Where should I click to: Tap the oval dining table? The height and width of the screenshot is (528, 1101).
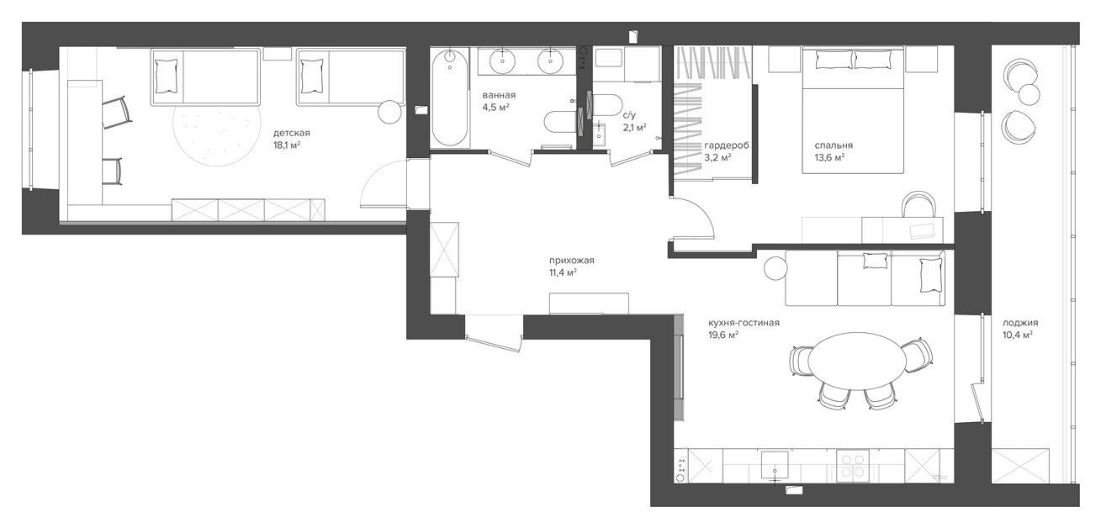tap(857, 361)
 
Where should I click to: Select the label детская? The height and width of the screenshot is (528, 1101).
tap(292, 133)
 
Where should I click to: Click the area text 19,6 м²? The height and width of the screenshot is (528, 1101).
tap(723, 335)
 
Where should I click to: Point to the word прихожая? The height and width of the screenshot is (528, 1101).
tap(572, 261)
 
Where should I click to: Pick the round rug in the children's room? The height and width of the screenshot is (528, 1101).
tap(217, 129)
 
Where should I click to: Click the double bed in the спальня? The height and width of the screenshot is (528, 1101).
tap(853, 110)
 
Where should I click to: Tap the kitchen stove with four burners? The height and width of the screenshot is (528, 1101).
tap(853, 466)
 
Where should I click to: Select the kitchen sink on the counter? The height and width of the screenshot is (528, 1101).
tap(775, 465)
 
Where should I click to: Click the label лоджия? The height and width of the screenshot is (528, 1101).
tap(1020, 323)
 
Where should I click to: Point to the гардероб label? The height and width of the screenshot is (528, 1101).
tap(727, 145)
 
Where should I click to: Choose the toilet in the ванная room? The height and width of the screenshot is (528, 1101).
tap(560, 121)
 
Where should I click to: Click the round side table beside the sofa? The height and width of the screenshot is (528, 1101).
tap(776, 268)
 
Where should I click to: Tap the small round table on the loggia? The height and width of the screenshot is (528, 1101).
tap(1030, 94)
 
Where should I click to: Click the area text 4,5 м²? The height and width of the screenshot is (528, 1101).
tap(495, 107)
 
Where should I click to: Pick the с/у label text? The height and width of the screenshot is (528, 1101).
tap(629, 116)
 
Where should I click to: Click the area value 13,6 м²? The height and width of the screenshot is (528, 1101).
tap(829, 158)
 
